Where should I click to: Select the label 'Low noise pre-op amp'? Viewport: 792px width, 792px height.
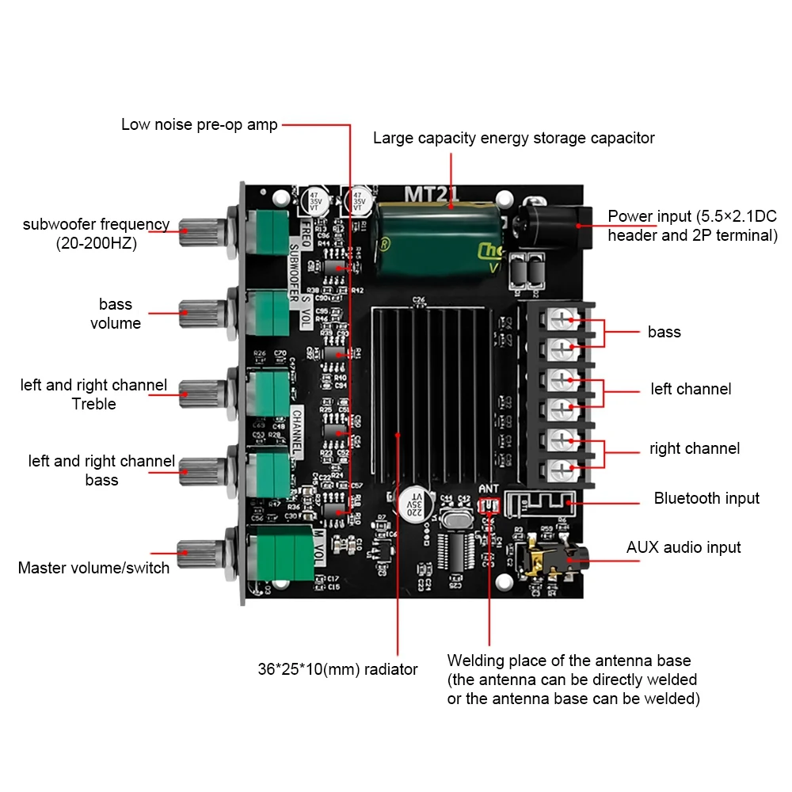click(200, 124)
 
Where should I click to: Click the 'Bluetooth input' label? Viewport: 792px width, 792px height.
click(706, 498)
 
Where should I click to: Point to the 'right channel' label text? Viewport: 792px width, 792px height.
click(695, 448)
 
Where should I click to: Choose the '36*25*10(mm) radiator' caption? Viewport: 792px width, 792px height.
click(337, 669)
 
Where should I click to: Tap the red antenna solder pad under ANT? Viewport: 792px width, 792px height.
click(489, 505)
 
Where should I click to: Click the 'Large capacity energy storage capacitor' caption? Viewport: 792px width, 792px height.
click(514, 138)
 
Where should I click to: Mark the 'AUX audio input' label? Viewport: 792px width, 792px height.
click(683, 547)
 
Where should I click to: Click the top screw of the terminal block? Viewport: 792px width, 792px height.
click(562, 318)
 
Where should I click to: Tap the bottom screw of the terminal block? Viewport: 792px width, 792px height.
click(562, 467)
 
